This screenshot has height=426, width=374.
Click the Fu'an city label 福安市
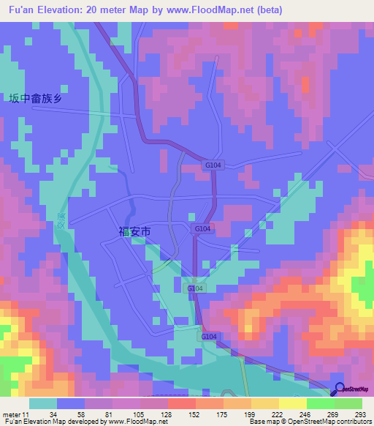[134, 231]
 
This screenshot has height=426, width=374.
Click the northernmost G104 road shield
[213, 167]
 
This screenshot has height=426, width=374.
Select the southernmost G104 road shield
[210, 336]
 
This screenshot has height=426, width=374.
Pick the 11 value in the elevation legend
[27, 414]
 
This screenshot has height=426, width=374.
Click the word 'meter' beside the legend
[11, 414]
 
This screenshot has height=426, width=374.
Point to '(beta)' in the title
[267, 10]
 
